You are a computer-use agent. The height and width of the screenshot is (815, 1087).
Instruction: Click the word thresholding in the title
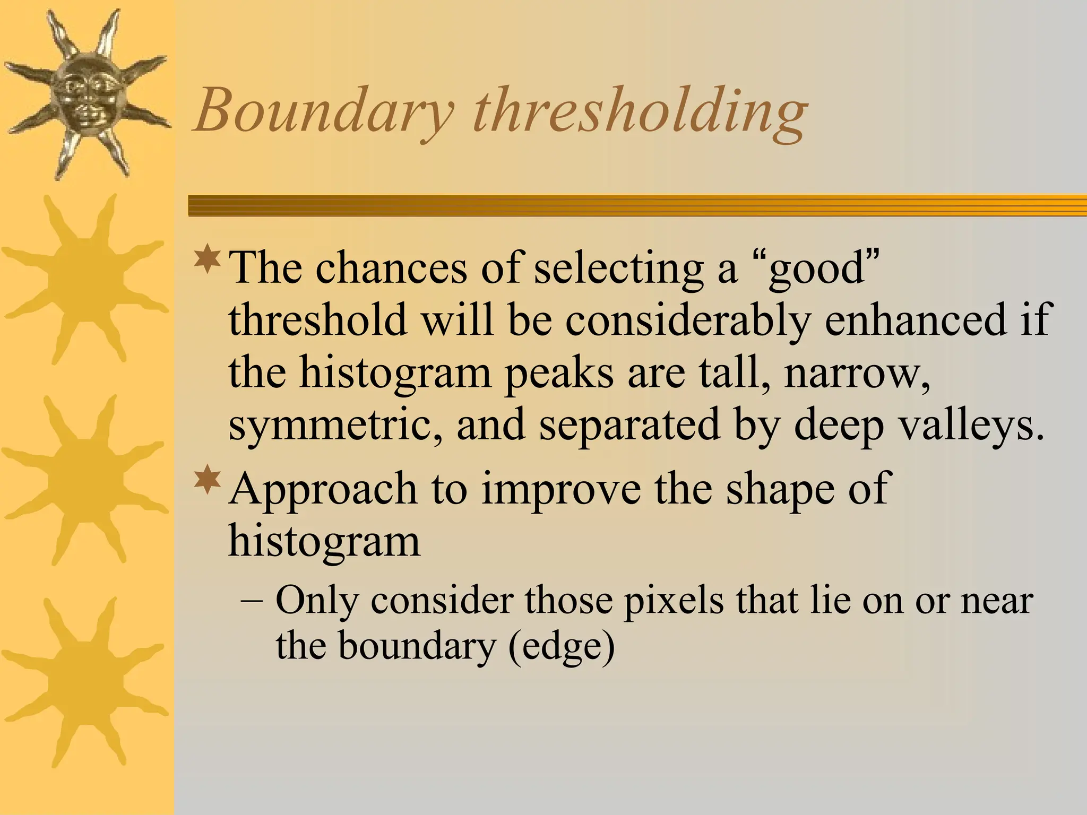tap(639, 111)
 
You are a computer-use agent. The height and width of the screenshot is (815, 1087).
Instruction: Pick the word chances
tap(391, 268)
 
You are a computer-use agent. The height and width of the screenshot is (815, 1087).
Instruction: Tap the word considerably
tap(688, 320)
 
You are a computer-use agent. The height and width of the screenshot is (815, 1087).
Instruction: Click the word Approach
tap(323, 490)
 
